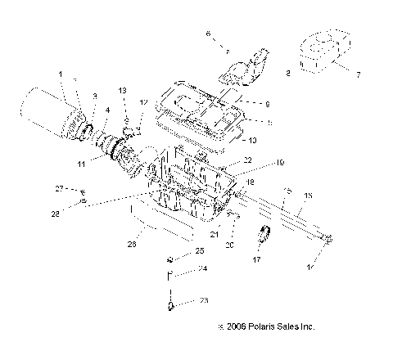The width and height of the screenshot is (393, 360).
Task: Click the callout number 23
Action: coord(205,301)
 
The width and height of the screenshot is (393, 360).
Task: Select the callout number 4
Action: coord(108,110)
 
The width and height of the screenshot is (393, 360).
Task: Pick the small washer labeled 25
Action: coord(169,260)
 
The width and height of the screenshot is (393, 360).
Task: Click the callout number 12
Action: coord(143,102)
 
